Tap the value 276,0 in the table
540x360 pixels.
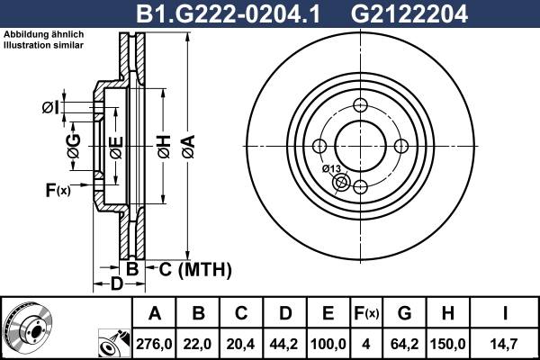(x=155, y=342)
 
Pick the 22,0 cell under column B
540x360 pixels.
(x=198, y=342)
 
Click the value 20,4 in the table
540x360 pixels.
(x=241, y=342)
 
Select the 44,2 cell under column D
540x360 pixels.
(x=284, y=342)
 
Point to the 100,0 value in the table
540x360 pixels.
(x=328, y=342)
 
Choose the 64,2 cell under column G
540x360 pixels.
(x=404, y=342)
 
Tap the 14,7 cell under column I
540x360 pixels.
(x=506, y=342)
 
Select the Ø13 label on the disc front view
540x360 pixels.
(x=330, y=169)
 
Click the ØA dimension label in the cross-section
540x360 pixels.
(x=187, y=141)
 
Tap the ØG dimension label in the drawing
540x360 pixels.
(x=74, y=145)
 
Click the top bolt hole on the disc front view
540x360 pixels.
(x=360, y=104)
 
